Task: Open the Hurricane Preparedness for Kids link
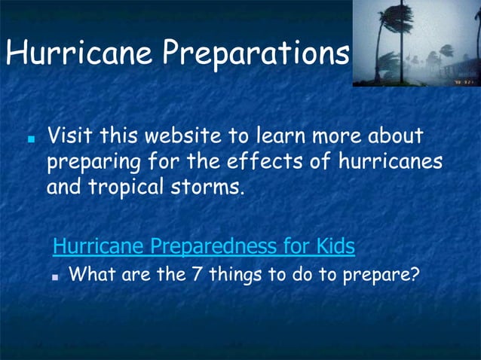click(204, 246)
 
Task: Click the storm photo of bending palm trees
click(416, 43)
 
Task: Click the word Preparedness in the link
click(215, 246)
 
